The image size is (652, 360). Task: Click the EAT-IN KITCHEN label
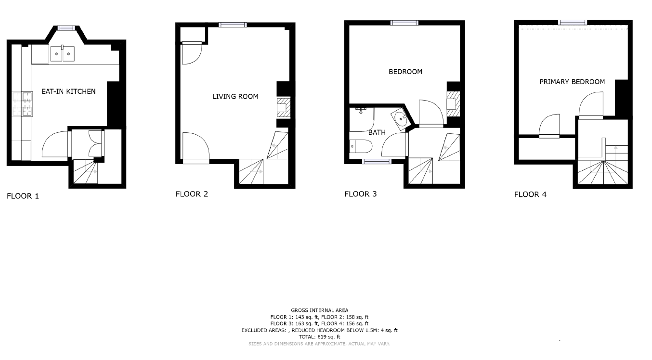(68, 91)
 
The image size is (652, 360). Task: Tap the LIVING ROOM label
(235, 96)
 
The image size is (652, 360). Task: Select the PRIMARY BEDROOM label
(572, 82)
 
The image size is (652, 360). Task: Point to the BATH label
(377, 132)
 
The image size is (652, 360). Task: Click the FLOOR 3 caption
(360, 194)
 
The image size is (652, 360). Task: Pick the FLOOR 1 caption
(23, 196)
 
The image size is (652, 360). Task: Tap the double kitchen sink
(63, 53)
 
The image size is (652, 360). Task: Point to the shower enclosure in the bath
(362, 119)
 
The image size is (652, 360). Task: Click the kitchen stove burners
(23, 104)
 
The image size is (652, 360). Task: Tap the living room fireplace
(284, 107)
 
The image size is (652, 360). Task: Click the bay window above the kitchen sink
(66, 28)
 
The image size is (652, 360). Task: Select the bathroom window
(377, 162)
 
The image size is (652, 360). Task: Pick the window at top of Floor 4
(573, 23)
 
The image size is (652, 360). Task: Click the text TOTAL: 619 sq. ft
(319, 337)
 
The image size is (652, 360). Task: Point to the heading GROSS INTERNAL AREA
(319, 310)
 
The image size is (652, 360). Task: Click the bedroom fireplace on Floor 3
(453, 104)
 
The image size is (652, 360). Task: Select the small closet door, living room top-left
(192, 53)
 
